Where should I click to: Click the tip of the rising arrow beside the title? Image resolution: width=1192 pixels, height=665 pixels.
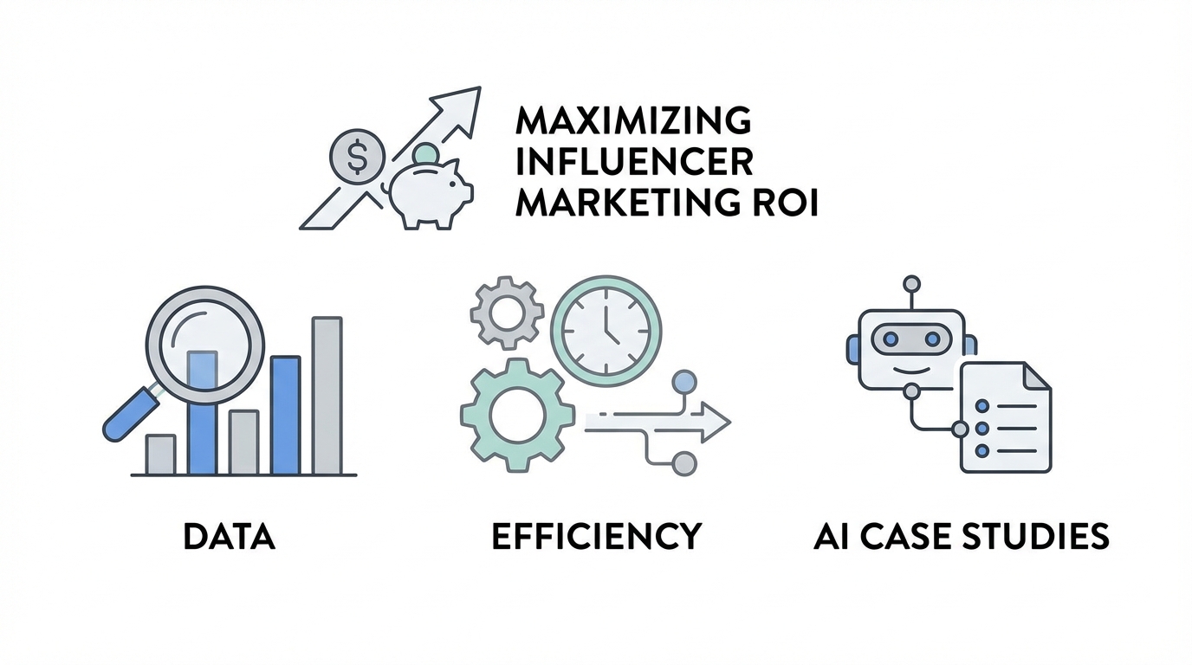click(481, 87)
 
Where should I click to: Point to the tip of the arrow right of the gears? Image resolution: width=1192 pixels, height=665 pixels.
click(730, 422)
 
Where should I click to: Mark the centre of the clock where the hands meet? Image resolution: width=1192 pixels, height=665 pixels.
click(606, 330)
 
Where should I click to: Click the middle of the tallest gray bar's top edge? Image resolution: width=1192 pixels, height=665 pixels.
click(327, 318)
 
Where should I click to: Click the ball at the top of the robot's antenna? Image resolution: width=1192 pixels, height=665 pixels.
click(911, 283)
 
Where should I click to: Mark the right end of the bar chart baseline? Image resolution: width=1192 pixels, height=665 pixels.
click(357, 475)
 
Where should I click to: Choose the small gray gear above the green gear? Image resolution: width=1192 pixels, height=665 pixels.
click(507, 313)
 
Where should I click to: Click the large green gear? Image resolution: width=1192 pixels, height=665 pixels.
click(517, 415)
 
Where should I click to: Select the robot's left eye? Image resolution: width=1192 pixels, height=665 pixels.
click(891, 339)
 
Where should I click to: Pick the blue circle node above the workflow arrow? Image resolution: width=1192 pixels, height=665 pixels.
click(684, 382)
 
